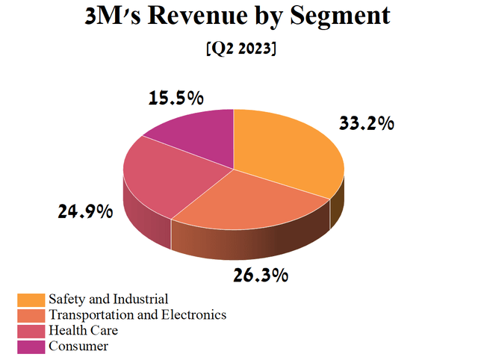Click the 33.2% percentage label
(366, 123)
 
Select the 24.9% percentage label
(85, 211)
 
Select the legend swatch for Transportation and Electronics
(31, 315)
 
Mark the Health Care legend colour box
(31, 330)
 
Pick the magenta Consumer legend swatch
(31, 346)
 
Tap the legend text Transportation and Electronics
(137, 315)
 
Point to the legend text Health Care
(83, 330)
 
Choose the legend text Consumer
(78, 346)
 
